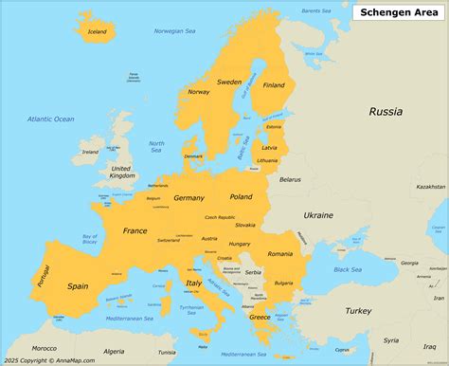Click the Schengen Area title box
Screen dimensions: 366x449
[x=397, y=11]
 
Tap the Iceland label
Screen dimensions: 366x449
[x=98, y=31]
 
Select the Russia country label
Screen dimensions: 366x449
[x=386, y=112]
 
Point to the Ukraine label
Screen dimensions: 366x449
[x=318, y=215]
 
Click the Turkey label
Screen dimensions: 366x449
[x=358, y=310]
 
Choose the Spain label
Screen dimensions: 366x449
[x=78, y=285]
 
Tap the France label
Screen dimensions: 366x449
[x=135, y=230]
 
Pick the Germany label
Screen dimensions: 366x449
[x=189, y=198]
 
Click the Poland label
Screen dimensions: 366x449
[x=242, y=196]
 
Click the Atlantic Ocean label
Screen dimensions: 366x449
[x=51, y=119]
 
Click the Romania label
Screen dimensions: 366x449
[x=279, y=253]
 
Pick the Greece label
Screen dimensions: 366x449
[x=260, y=317]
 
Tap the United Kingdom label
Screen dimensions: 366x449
[x=122, y=171]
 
